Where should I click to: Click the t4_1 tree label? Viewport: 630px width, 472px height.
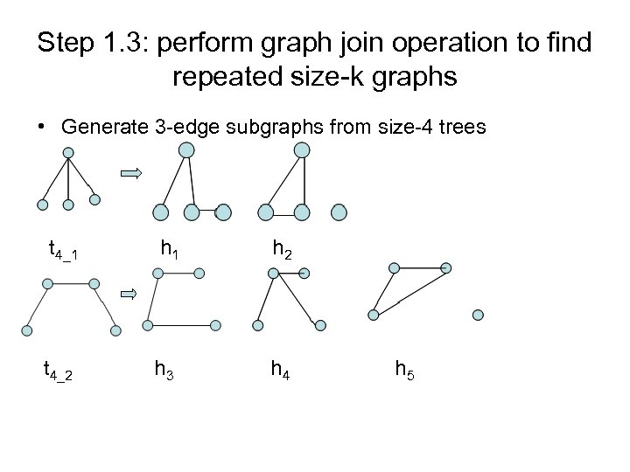[x=62, y=253]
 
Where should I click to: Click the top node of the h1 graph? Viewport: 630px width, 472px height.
[x=186, y=151]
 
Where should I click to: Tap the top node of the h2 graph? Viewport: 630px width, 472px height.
[x=301, y=151]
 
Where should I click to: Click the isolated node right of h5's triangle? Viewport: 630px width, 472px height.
[x=478, y=315]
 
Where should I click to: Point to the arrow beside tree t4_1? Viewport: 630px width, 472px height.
[x=131, y=175]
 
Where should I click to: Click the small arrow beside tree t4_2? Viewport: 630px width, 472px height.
[x=128, y=293]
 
